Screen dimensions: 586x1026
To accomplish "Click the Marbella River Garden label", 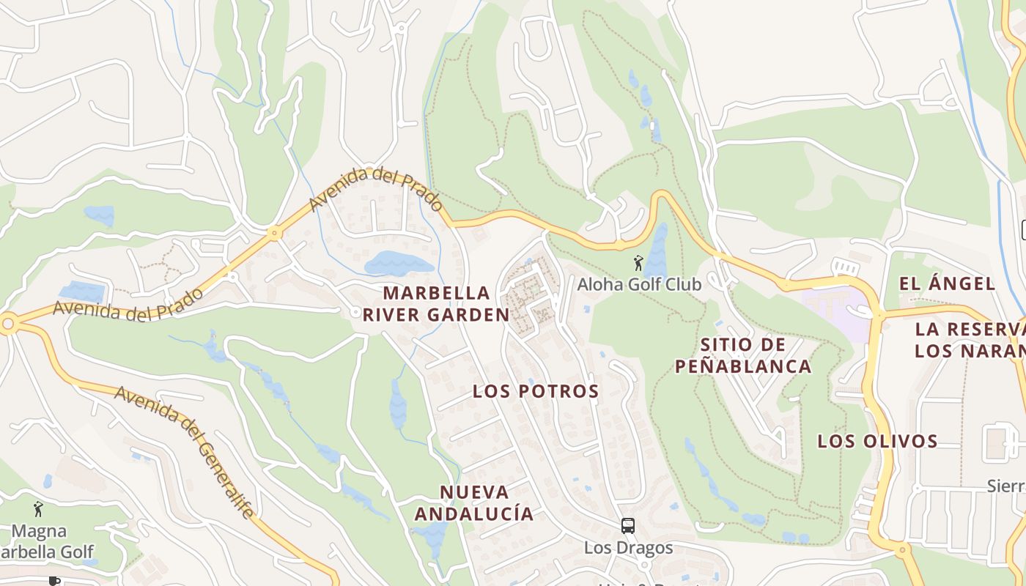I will (436, 304).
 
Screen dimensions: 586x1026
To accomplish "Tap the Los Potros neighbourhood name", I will (536, 391).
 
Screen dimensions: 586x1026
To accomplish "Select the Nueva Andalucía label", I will (474, 502).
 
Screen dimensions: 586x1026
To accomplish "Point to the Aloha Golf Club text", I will (639, 284).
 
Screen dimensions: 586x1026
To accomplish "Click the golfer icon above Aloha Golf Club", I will (638, 262).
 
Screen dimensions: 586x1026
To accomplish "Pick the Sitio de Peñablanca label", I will (742, 355).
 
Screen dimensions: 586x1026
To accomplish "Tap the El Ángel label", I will (947, 283).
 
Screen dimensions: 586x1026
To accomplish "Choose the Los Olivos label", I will (877, 441).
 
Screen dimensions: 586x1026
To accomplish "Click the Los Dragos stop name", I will (628, 547).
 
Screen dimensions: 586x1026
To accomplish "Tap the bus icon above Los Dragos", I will (628, 525).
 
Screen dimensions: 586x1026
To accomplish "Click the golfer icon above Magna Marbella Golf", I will (38, 508).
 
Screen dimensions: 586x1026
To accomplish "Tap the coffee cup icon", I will (53, 581).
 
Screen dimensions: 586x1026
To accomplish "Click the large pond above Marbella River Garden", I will (399, 262).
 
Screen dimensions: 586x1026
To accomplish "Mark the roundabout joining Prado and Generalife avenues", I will (8, 323).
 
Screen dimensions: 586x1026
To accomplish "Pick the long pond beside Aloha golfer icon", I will (657, 249).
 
